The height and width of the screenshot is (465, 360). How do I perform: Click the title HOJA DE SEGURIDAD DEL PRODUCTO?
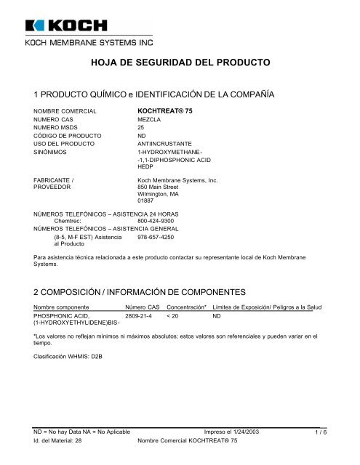tap(180, 64)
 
